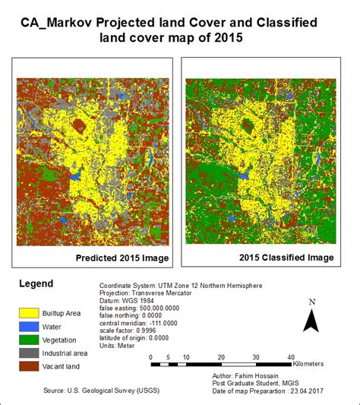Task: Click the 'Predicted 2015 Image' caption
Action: (x=123, y=258)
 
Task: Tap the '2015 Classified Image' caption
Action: (x=287, y=258)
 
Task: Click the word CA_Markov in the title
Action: (x=58, y=24)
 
